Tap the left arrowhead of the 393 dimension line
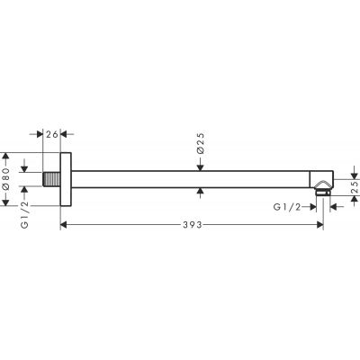coord(64,223)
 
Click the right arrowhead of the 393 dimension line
coord(318,223)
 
